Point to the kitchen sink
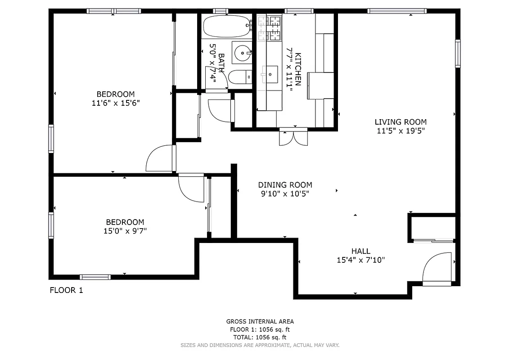click(270, 74)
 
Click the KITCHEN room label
click(297, 70)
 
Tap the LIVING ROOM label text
click(401, 122)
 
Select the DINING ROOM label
click(285, 185)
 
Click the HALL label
click(361, 251)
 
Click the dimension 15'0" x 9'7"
click(125, 231)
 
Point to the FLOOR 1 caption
click(66, 290)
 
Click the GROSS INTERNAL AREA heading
click(260, 321)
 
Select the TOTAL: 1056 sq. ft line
click(260, 337)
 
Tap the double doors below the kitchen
click(293, 137)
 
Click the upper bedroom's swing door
click(160, 158)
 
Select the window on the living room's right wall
click(458, 53)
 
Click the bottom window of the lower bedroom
click(95, 277)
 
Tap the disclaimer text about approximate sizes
click(260, 345)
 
